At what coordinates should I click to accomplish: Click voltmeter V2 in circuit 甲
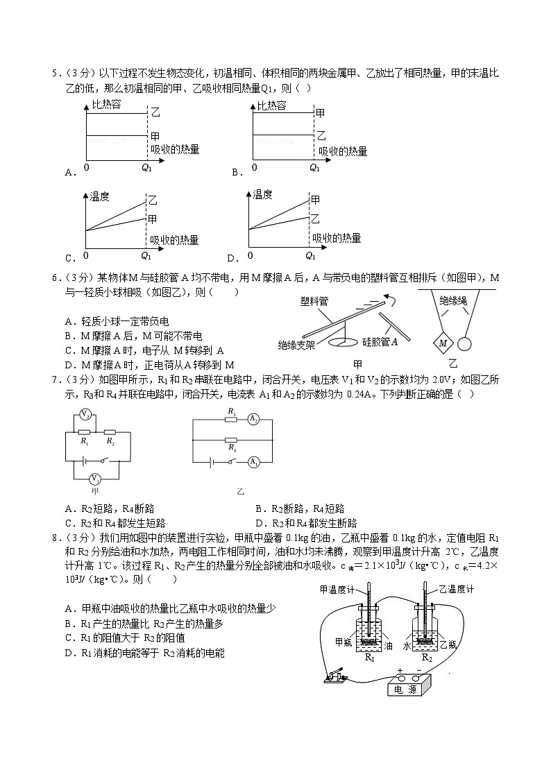pyautogui.click(x=84, y=415)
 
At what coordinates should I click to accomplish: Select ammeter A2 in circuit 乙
pyautogui.click(x=254, y=420)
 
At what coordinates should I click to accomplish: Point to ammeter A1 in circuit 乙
pyautogui.click(x=254, y=461)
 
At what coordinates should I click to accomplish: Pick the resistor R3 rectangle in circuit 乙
pyautogui.click(x=232, y=420)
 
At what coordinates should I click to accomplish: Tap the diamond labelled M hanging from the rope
pyautogui.click(x=441, y=342)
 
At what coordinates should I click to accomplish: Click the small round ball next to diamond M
pyautogui.click(x=466, y=343)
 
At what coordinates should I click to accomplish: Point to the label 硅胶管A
pyautogui.click(x=380, y=341)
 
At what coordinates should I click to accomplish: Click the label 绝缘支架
pyautogui.click(x=296, y=344)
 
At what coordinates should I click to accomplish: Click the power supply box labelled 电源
pyautogui.click(x=407, y=689)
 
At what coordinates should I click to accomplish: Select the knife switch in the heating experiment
pyautogui.click(x=334, y=674)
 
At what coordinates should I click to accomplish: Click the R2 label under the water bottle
pyautogui.click(x=427, y=658)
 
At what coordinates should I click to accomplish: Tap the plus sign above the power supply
pyautogui.click(x=400, y=670)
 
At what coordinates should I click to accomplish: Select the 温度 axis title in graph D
pyautogui.click(x=263, y=195)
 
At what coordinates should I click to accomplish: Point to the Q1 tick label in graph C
pyautogui.click(x=146, y=255)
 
